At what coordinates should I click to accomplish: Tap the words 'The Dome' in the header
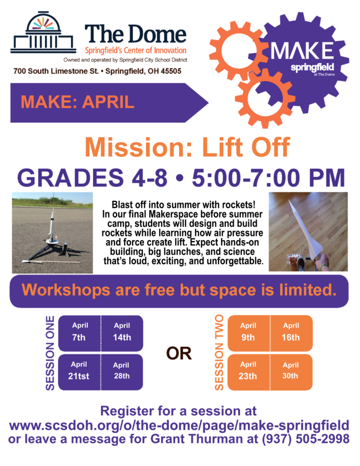(x=135, y=34)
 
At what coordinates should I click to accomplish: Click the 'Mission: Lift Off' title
(x=187, y=148)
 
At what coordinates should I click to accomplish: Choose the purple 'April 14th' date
(x=122, y=332)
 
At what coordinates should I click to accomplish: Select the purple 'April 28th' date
(x=122, y=371)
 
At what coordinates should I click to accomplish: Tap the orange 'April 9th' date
(x=248, y=332)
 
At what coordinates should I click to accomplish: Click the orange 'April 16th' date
(x=291, y=332)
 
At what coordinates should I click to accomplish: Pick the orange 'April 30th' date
(x=291, y=371)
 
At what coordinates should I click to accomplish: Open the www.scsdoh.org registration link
(x=179, y=425)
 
